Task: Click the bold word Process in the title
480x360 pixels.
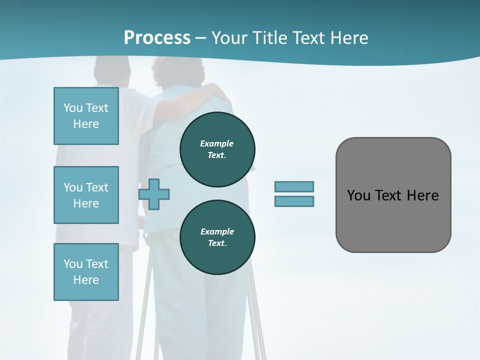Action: (157, 38)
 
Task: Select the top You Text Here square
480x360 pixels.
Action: (86, 116)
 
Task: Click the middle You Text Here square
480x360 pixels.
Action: (86, 195)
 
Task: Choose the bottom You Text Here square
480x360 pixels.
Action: (86, 272)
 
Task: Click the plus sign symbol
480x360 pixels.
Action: (154, 194)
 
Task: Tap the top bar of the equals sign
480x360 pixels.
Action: (294, 186)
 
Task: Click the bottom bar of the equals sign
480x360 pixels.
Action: (294, 201)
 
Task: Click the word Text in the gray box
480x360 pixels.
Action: (390, 195)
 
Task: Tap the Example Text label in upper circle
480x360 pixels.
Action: (217, 149)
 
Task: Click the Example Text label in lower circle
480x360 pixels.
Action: (217, 237)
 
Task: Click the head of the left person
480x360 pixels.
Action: (112, 70)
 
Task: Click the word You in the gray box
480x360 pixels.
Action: (358, 195)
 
